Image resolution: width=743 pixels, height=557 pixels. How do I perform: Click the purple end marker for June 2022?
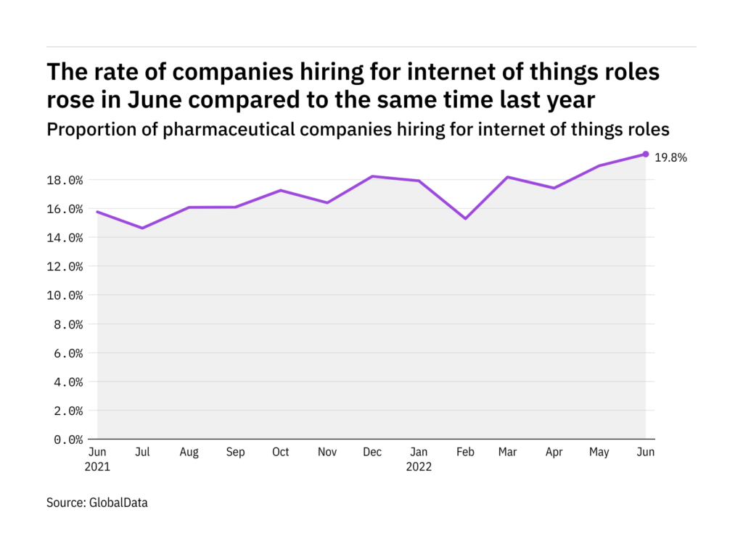[645, 154]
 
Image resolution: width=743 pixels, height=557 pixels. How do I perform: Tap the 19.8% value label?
[671, 157]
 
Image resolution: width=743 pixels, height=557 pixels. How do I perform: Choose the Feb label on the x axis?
[465, 452]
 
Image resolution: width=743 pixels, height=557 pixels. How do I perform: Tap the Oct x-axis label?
[280, 452]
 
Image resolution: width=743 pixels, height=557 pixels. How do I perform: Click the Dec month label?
[372, 452]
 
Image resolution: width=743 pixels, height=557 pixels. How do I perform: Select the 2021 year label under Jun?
[97, 466]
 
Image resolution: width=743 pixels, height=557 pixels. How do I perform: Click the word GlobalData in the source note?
[119, 502]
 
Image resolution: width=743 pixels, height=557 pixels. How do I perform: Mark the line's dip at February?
[465, 218]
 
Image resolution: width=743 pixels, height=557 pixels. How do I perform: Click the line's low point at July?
[143, 228]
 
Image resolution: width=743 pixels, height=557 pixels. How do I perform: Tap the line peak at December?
[372, 176]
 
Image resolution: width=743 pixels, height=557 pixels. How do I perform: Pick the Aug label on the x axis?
[189, 452]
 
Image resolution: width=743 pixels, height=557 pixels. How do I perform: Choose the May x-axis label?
[599, 452]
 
